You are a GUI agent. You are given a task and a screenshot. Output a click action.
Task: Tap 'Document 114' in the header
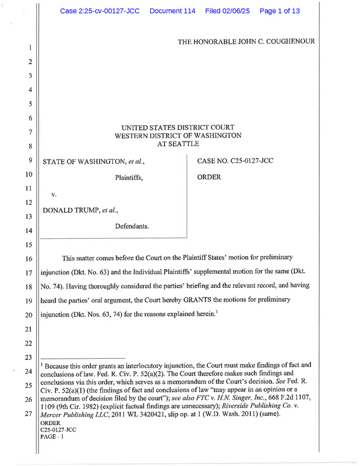pyautogui.click(x=172, y=10)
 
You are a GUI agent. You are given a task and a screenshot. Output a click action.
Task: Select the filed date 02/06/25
pyautogui.click(x=228, y=10)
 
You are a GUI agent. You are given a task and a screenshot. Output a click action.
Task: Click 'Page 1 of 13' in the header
pyautogui.click(x=280, y=10)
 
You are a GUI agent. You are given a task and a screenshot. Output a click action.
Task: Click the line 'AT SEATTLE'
pyautogui.click(x=178, y=144)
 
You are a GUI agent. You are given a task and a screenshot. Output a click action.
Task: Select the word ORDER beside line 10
pyautogui.click(x=209, y=176)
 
